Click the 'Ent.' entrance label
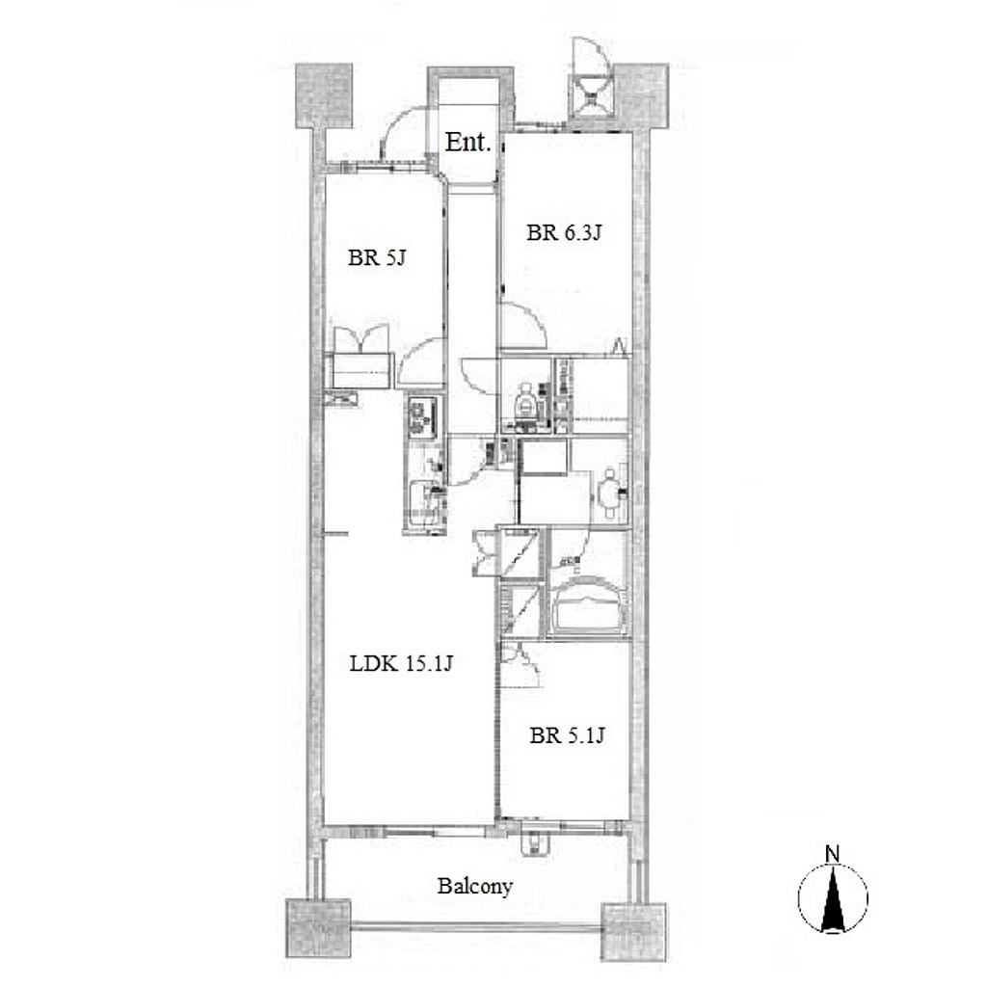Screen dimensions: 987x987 click(467, 143)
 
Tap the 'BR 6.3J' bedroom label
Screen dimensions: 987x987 click(564, 233)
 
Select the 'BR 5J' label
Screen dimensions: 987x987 click(377, 257)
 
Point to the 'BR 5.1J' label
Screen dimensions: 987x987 click(567, 735)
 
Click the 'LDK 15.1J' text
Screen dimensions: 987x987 click(401, 663)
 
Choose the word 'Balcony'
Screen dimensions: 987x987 click(475, 887)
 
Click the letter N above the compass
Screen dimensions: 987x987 click(832, 854)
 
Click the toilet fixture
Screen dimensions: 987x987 click(525, 402)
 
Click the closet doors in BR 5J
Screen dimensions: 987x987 click(361, 340)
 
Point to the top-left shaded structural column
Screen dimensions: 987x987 click(324, 95)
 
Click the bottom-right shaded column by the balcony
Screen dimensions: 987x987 click(633, 932)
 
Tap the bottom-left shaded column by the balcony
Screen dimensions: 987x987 click(318, 929)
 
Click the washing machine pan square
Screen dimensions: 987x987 click(545, 457)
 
